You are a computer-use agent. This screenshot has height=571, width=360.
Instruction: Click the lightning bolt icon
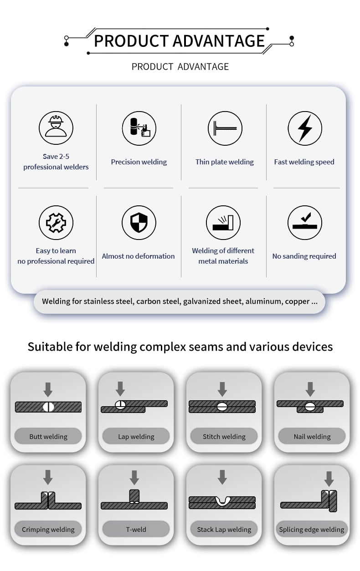pos(305,128)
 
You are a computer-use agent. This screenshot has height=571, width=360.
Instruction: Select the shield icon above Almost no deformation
pos(139,223)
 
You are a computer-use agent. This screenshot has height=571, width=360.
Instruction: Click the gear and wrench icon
pos(56,223)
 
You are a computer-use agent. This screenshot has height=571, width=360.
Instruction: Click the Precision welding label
pos(139,162)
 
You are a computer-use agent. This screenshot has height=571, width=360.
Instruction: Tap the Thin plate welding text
pos(225,162)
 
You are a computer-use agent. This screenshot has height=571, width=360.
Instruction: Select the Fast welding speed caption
pos(304,162)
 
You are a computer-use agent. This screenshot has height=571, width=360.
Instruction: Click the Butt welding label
pos(48,437)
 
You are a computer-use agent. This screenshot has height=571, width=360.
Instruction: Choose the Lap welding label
pos(136,437)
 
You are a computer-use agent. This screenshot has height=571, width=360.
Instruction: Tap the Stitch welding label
pos(224,437)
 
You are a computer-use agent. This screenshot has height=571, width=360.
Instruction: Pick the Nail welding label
pos(312,437)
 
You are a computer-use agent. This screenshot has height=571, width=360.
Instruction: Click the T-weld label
pos(136,530)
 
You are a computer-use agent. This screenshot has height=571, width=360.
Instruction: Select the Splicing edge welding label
pos(312,530)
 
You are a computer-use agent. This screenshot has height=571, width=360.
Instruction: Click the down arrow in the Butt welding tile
pos(48,389)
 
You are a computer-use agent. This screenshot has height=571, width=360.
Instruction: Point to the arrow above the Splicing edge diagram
pos(329,479)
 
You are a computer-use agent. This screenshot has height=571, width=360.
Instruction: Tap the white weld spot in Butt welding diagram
pos(48,407)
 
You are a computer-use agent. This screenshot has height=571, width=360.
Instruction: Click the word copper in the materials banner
pos(297,301)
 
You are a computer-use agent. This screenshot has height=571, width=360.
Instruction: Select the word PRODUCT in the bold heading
pos(131,41)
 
